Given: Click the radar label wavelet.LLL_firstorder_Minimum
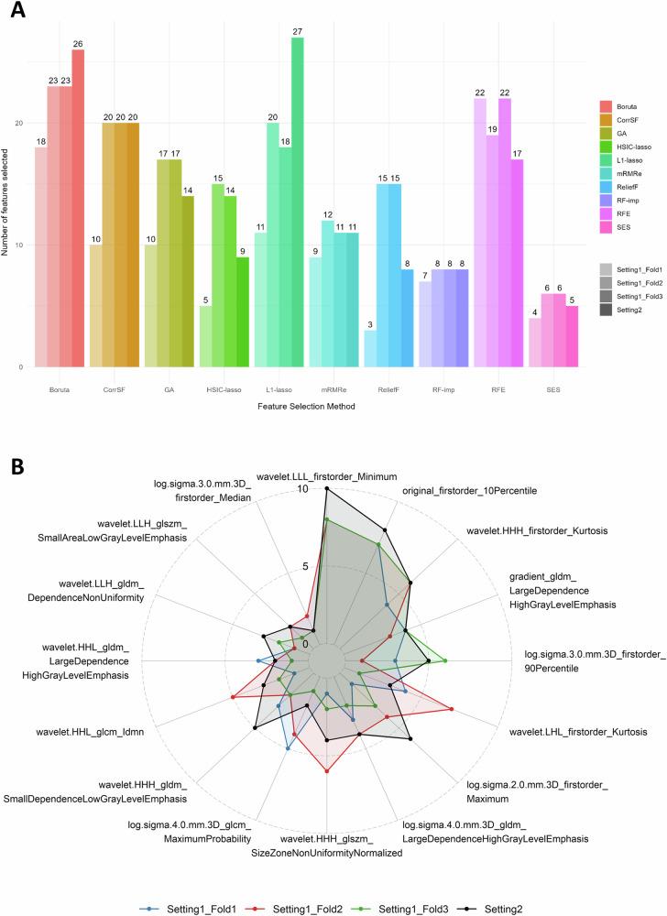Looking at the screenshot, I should click(x=325, y=476).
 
